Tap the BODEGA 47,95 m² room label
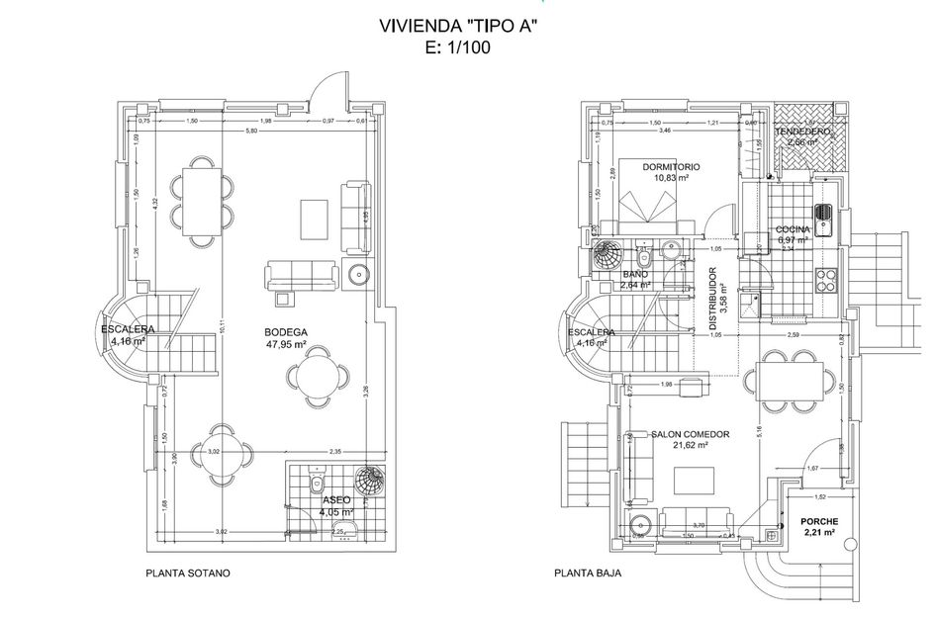coord(286,338)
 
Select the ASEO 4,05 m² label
coord(337,506)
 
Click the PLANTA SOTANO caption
coord(187,573)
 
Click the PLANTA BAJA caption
coord(588,573)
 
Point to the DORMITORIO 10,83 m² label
coord(671,173)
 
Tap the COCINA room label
coord(794,234)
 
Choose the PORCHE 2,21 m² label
coord(819,527)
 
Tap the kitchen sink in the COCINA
coord(823,213)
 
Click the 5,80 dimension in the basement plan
coord(252,131)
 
